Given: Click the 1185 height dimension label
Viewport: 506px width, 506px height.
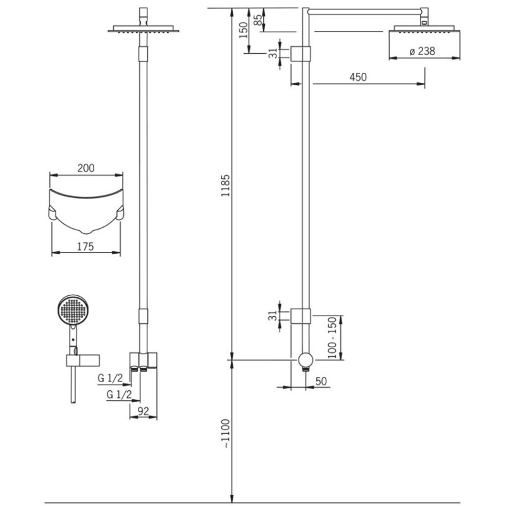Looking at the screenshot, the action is [226, 185].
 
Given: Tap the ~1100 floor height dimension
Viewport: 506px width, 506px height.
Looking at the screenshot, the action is [226, 433].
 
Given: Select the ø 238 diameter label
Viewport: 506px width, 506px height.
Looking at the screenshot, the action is [423, 51].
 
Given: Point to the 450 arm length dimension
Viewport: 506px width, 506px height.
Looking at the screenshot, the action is [358, 77].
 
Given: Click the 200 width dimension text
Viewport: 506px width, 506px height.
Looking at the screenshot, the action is [86, 168].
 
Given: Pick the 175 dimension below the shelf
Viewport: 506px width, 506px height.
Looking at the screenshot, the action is [85, 247].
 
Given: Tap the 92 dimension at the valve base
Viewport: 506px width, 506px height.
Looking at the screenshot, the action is [144, 411].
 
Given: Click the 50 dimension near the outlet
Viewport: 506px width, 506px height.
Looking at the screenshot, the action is [321, 381].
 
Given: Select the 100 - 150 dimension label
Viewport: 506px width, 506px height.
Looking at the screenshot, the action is [332, 338].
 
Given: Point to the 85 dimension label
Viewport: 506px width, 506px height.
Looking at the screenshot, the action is [258, 20].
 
